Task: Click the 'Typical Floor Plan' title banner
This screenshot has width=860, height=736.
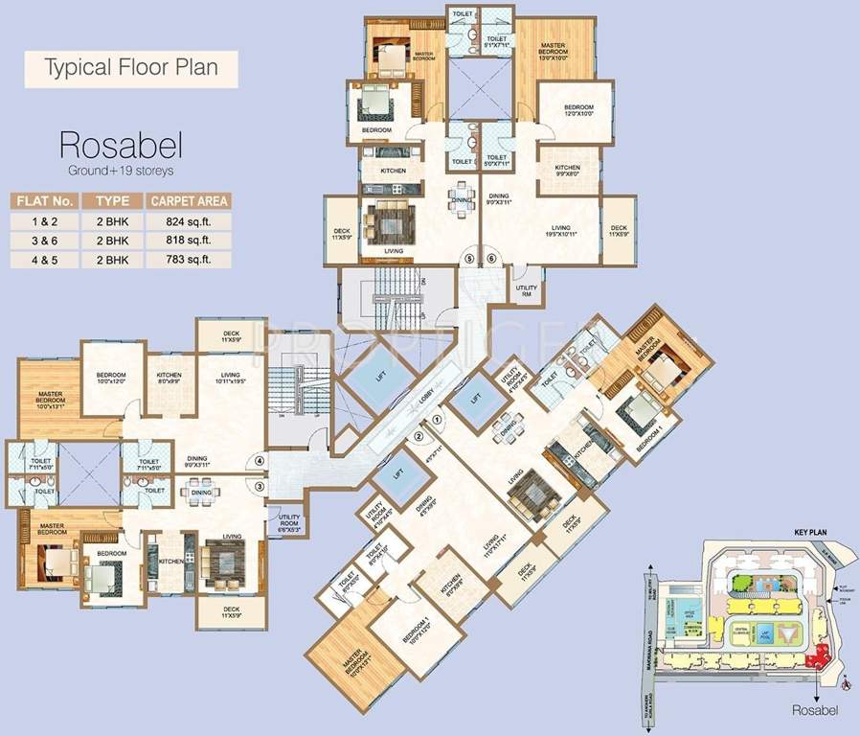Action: tap(131, 68)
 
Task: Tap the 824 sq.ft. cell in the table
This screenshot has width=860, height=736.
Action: tap(189, 220)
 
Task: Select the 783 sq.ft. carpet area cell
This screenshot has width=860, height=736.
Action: tap(189, 259)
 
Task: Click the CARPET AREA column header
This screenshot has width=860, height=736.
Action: tap(189, 200)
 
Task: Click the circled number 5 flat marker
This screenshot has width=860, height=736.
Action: tap(469, 258)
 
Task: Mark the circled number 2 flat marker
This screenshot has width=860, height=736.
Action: tap(419, 438)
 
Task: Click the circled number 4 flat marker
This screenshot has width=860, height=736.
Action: tap(260, 462)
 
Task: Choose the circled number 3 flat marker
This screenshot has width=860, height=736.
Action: tap(260, 486)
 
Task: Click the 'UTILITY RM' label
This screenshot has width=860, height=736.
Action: tap(527, 289)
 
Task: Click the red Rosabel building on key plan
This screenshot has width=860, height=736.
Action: tap(819, 656)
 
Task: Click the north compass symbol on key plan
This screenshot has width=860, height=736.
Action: tap(846, 682)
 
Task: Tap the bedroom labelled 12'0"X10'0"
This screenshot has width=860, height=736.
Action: tap(577, 110)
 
